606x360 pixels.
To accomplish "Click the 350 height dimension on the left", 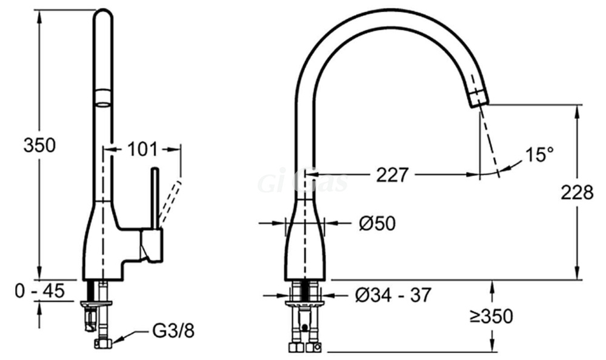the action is coord(39,145).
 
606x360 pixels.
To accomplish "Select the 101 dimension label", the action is coord(142,149).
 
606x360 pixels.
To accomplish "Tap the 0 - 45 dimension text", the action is coord(40,290).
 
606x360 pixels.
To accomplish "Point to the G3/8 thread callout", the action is coord(173,331).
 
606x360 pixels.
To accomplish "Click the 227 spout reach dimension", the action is coord(392,175).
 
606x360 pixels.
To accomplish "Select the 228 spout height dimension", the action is coord(577,192).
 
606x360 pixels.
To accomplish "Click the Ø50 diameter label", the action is coord(377,223).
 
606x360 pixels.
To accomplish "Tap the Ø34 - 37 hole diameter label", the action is coord(393,296).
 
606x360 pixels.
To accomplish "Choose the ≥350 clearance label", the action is coord(491,316).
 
